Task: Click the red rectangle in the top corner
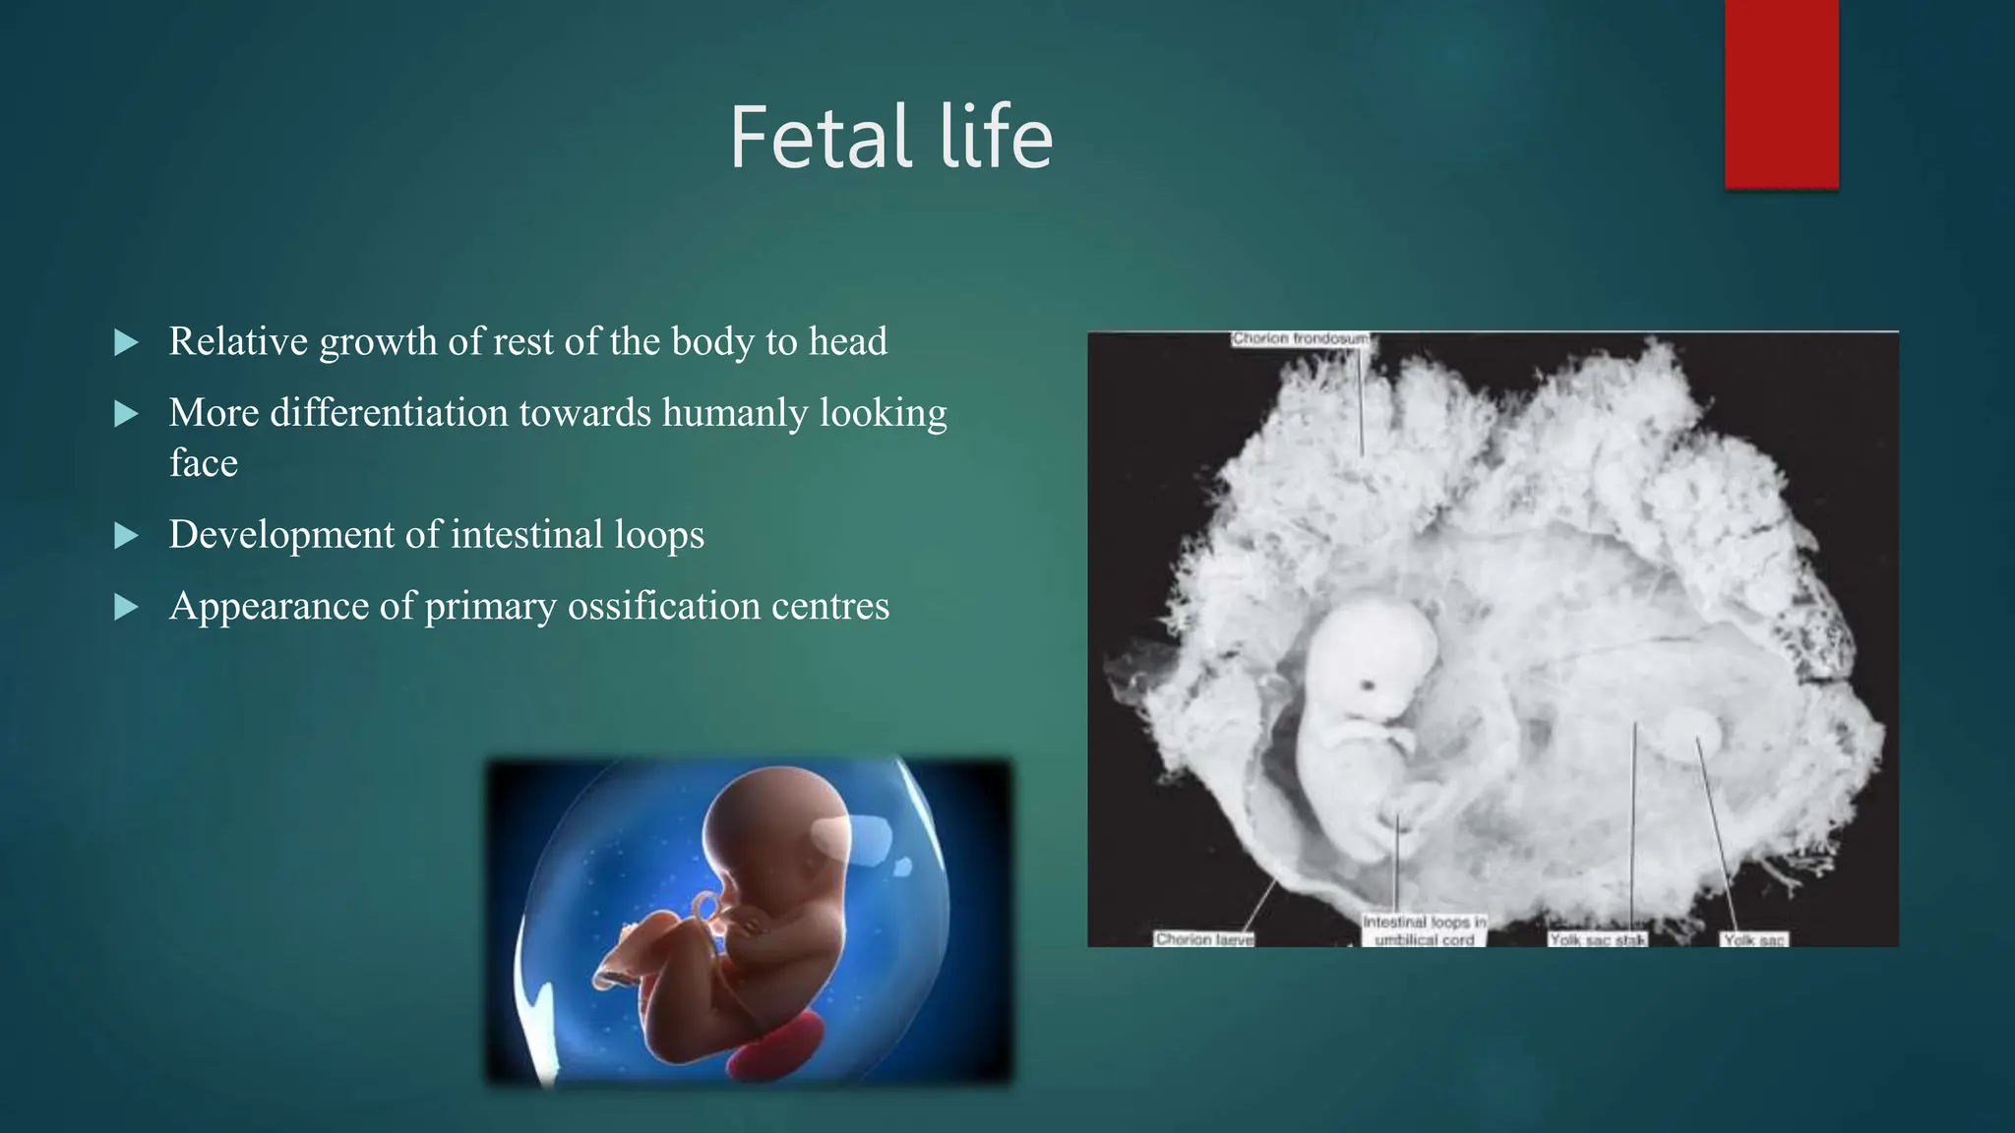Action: [1781, 93]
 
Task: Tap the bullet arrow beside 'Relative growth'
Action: [126, 343]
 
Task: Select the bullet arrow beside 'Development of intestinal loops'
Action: [126, 536]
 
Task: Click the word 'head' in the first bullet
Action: [847, 341]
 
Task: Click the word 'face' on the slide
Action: [203, 462]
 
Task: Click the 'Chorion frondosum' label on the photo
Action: [1300, 339]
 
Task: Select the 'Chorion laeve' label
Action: [1204, 939]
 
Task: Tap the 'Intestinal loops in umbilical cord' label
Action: [1424, 930]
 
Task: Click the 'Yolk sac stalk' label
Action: [1597, 940]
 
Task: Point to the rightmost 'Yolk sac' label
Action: [1753, 940]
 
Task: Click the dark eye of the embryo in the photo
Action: [1368, 685]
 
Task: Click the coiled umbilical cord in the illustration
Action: [706, 915]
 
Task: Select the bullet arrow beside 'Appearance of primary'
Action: [126, 607]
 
